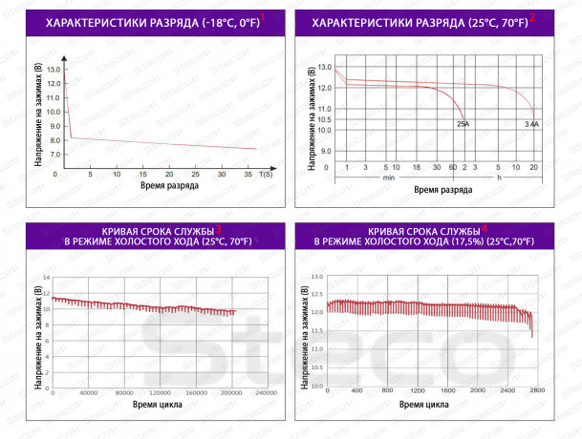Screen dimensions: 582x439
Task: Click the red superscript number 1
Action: pyautogui.click(x=263, y=17)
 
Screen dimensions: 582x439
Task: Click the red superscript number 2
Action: pyautogui.click(x=532, y=17)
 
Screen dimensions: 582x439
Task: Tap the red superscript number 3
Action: pyautogui.click(x=218, y=229)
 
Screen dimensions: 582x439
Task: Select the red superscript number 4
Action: pyautogui.click(x=485, y=229)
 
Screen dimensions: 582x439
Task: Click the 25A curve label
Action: pyautogui.click(x=463, y=124)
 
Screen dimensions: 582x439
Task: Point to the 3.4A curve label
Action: pyautogui.click(x=531, y=125)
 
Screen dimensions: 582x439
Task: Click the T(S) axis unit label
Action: pyautogui.click(x=266, y=175)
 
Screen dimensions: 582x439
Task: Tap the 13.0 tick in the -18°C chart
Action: pyautogui.click(x=54, y=70)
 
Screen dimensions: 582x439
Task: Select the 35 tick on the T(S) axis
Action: pyautogui.click(x=248, y=175)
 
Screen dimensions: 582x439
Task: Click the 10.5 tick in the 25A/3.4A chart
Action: pyautogui.click(x=324, y=119)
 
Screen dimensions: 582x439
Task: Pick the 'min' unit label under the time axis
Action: pyautogui.click(x=389, y=178)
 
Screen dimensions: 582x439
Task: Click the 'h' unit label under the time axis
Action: pyautogui.click(x=499, y=178)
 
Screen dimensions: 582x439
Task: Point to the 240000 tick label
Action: pyautogui.click(x=266, y=392)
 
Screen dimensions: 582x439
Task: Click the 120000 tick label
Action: pyautogui.click(x=160, y=392)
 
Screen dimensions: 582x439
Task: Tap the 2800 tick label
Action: pyautogui.click(x=537, y=390)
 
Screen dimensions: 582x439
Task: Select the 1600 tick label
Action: pyautogui.click(x=447, y=390)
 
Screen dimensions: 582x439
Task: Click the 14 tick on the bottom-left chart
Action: pyautogui.click(x=47, y=278)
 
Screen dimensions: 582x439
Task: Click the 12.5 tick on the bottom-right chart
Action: pyautogui.click(x=317, y=294)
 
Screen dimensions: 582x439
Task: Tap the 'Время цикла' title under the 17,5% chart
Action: pyautogui.click(x=424, y=405)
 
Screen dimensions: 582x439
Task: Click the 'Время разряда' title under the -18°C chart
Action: pyautogui.click(x=169, y=185)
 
